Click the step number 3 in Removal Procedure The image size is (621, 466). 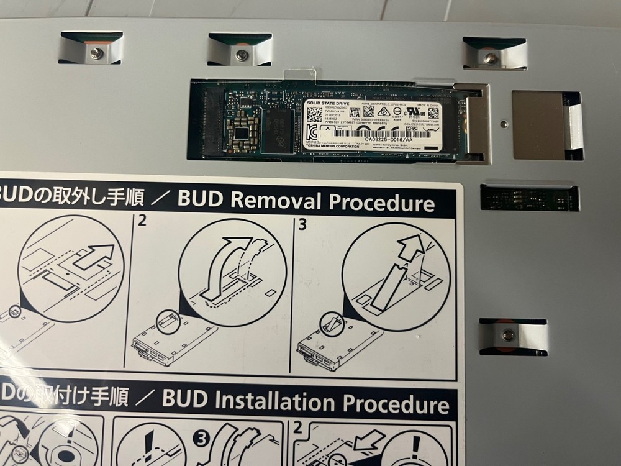[x=302, y=224]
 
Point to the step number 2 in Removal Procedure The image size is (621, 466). [x=142, y=222]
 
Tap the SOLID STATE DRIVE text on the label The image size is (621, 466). [x=328, y=102]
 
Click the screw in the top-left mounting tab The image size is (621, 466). [x=96, y=53]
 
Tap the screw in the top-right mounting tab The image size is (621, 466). [x=491, y=58]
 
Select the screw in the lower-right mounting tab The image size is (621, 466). [x=507, y=336]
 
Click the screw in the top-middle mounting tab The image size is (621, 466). [x=242, y=55]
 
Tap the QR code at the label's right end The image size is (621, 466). [x=433, y=114]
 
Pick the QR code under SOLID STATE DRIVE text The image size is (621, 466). [x=315, y=114]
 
